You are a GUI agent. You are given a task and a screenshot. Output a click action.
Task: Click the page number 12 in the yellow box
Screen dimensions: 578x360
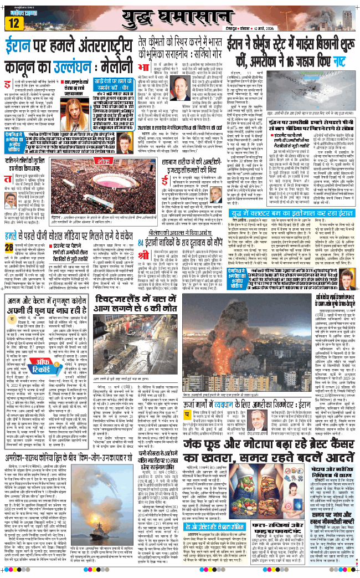[x=14, y=23]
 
